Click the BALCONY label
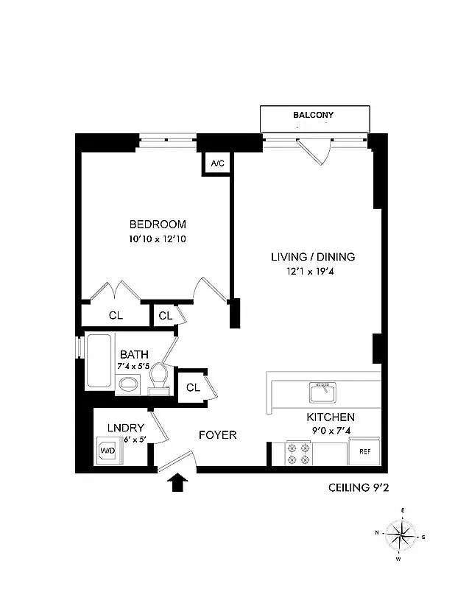tap(314, 116)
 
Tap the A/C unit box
tap(217, 163)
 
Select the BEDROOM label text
tap(158, 225)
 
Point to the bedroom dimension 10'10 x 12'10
tap(158, 239)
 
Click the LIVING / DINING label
tap(313, 257)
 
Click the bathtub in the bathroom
tap(99, 361)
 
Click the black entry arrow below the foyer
tap(178, 483)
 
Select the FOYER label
tap(218, 435)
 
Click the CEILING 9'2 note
tap(358, 487)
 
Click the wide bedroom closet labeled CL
tap(116, 315)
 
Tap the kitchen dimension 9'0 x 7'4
tap(331, 430)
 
